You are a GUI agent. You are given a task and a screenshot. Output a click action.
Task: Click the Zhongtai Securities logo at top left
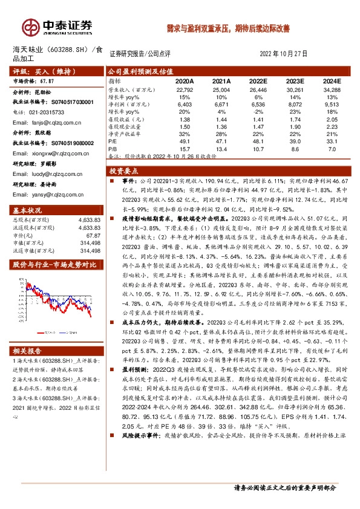tap(57, 27)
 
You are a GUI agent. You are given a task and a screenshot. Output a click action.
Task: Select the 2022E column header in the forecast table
tap(258, 80)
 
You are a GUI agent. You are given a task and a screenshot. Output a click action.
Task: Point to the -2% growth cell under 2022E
tap(258, 111)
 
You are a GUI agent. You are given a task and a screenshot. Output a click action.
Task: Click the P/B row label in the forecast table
tap(113, 147)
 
